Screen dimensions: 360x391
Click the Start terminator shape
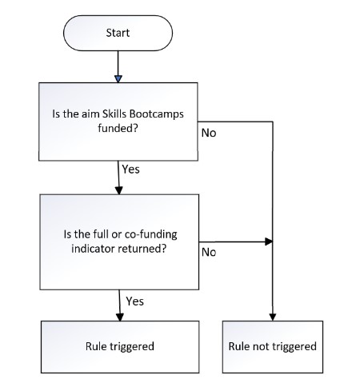pyautogui.click(x=118, y=33)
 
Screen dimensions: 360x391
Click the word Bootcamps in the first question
pyautogui.click(x=157, y=114)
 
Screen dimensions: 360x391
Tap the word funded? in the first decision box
pyautogui.click(x=118, y=128)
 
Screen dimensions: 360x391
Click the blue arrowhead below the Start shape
pyautogui.click(x=118, y=79)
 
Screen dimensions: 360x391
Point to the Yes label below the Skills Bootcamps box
pyautogui.click(x=130, y=170)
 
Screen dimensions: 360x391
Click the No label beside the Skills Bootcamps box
pyautogui.click(x=209, y=133)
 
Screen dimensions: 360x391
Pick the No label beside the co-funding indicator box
pyautogui.click(x=209, y=252)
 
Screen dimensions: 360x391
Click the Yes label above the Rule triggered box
pyautogui.click(x=135, y=301)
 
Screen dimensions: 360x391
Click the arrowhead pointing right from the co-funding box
pyautogui.click(x=269, y=241)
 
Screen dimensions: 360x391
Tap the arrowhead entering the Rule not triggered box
pyautogui.click(x=273, y=317)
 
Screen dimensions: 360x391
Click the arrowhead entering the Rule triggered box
pyautogui.click(x=120, y=317)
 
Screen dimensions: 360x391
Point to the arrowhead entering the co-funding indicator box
pyautogui.click(x=119, y=190)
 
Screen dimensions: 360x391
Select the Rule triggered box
pyautogui.click(x=120, y=347)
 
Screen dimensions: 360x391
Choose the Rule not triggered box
pyautogui.click(x=273, y=347)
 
